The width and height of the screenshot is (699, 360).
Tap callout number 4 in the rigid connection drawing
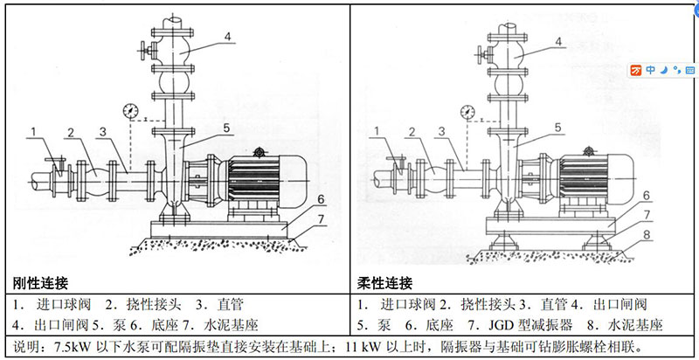click(x=225, y=37)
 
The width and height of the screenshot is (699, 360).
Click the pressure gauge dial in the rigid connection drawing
click(x=131, y=111)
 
